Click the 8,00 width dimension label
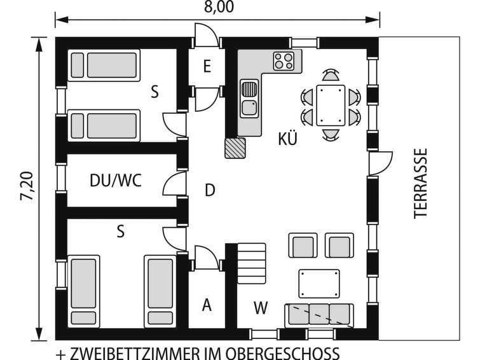(x=219, y=7)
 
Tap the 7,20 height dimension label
(x=27, y=186)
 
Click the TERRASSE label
(x=420, y=183)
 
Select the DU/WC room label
(x=116, y=181)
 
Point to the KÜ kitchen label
(x=288, y=139)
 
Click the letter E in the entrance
(x=207, y=66)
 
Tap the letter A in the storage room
(x=207, y=305)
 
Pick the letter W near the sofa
(x=261, y=308)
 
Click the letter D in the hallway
(x=210, y=190)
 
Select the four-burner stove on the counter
(x=284, y=61)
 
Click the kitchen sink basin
(x=249, y=108)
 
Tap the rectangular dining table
(x=331, y=105)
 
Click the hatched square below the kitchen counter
(x=235, y=148)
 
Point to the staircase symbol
(x=252, y=263)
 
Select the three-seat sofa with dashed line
(x=319, y=315)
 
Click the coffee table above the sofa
(x=319, y=284)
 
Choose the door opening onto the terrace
(x=381, y=163)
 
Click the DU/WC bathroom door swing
(x=174, y=183)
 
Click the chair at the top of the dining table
(x=331, y=75)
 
